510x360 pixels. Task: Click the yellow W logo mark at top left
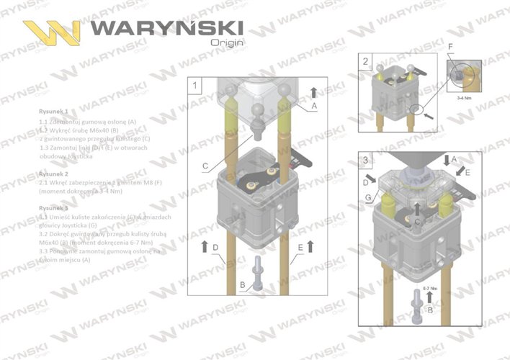click(51, 32)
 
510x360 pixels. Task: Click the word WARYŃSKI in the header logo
click(167, 28)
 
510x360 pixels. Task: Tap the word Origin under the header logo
click(226, 42)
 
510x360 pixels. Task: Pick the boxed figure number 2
click(367, 61)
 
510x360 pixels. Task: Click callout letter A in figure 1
click(314, 106)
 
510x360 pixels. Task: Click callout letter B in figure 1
click(243, 285)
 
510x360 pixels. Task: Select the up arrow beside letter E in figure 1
click(310, 247)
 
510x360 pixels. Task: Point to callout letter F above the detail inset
click(450, 48)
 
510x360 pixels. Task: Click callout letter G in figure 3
click(369, 197)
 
